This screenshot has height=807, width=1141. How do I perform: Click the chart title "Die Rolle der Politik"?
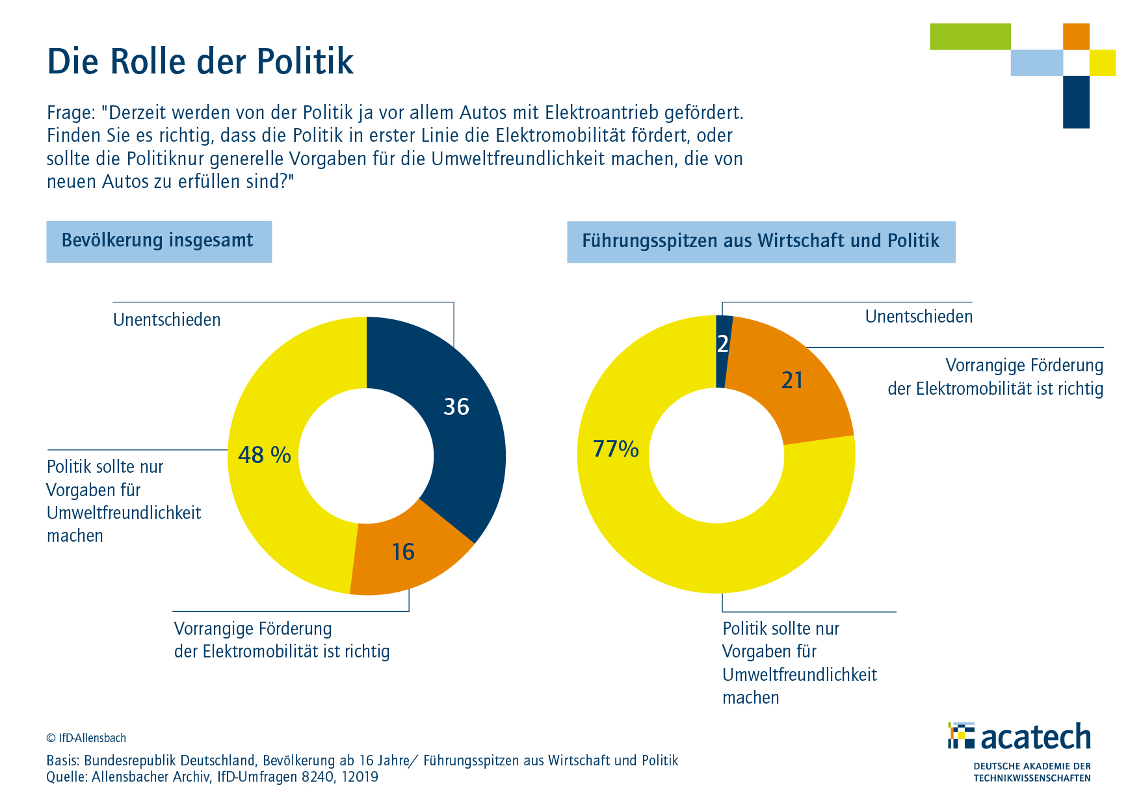200,62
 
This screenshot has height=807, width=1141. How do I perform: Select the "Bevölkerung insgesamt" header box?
159,241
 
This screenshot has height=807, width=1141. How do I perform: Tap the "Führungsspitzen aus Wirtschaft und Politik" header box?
761,241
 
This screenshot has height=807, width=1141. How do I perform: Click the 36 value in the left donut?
456,407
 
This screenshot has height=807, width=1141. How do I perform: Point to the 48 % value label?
264,455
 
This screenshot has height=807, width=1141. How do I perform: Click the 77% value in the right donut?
616,449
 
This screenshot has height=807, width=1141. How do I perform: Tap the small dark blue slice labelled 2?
723,344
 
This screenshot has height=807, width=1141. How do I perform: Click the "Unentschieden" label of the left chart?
167,320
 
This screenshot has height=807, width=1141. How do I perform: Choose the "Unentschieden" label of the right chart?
919,317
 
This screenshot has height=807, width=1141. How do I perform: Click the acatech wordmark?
1035,737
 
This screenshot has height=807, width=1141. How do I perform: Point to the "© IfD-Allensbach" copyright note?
86,738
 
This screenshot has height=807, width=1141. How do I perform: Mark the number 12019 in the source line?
358,777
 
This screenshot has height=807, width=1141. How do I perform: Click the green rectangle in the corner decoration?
970,36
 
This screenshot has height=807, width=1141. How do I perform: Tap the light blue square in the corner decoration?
1036,63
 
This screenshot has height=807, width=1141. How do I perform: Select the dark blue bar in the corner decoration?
1076,101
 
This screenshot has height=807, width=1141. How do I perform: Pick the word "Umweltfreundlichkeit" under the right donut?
800,675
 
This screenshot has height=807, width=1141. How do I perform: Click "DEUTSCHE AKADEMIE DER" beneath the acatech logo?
1032,766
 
